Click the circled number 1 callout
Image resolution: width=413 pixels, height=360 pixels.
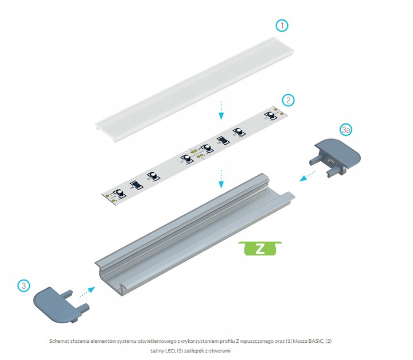pyautogui.click(x=281, y=26)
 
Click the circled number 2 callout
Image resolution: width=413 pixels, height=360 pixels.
pyautogui.click(x=289, y=100)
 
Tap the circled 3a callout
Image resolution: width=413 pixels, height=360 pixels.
pyautogui.click(x=345, y=130)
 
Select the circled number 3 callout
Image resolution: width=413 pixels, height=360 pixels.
pyautogui.click(x=22, y=285)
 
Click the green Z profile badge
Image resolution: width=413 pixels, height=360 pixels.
pyautogui.click(x=260, y=249)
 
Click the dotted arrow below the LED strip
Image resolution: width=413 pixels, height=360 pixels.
pyautogui.click(x=220, y=178)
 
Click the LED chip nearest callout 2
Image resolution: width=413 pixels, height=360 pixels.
pyautogui.click(x=268, y=117)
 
